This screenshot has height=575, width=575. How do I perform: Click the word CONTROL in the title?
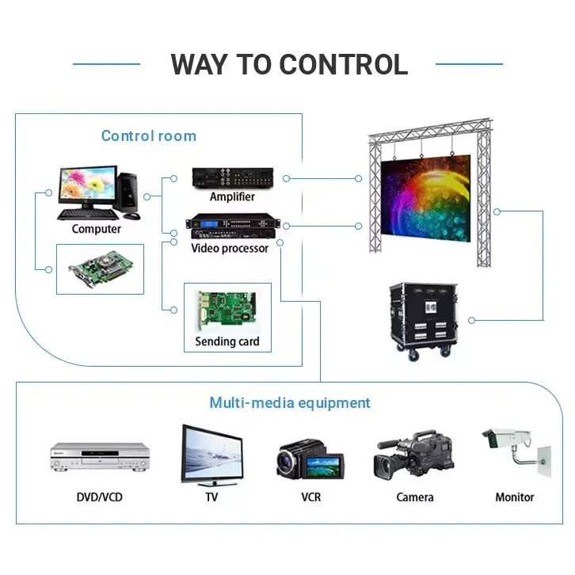344,64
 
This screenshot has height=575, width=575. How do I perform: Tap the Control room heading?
148,135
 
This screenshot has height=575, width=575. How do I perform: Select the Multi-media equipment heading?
289,403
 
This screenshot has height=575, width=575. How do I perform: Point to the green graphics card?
100,268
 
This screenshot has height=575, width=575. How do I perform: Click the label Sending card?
227,342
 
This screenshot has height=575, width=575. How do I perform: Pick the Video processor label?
230,249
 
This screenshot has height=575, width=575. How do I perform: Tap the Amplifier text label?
232,196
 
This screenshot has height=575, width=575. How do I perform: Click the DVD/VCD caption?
100,497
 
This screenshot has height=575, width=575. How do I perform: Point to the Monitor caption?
515,497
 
